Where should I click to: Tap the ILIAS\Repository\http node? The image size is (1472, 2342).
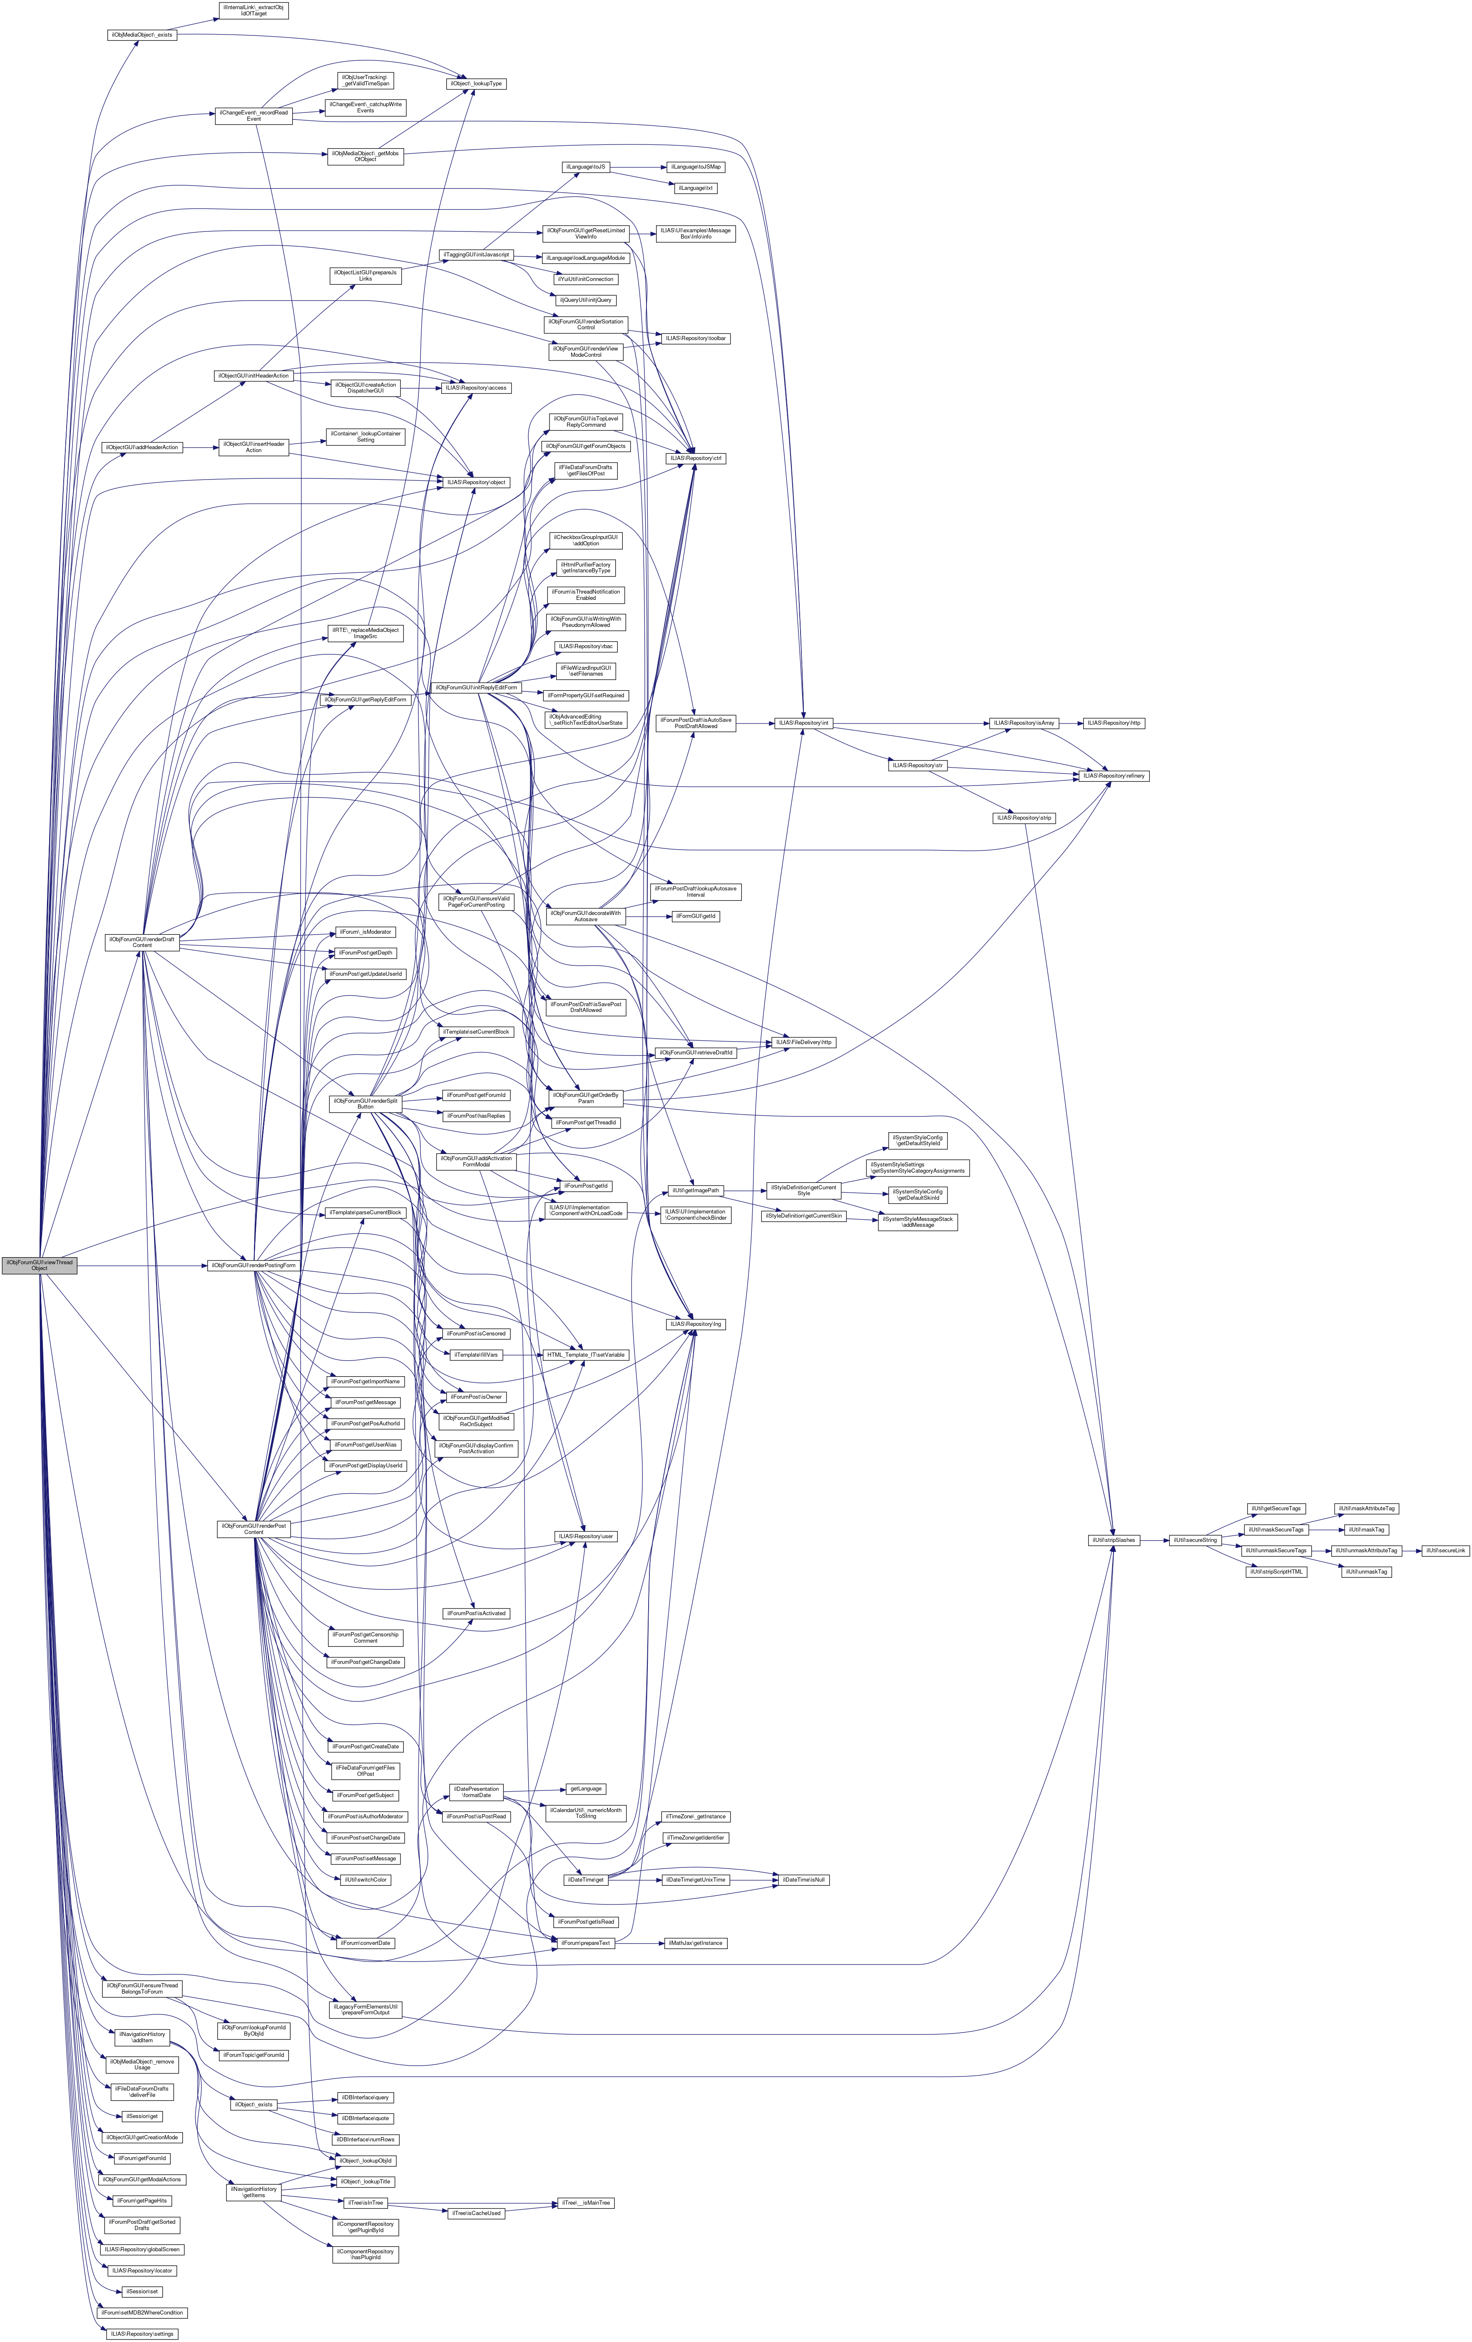(x=1114, y=723)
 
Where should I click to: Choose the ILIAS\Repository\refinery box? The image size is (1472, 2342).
(x=1111, y=775)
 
